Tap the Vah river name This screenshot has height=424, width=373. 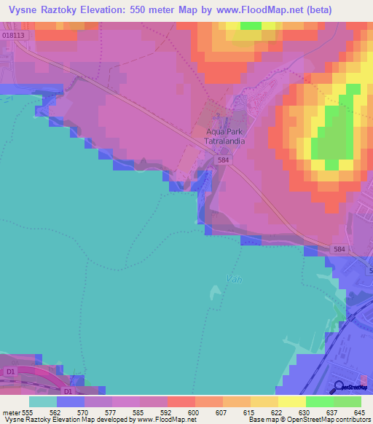[x=233, y=278]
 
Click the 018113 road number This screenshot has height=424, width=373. [x=13, y=34]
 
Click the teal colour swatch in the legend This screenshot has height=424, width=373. [x=43, y=401]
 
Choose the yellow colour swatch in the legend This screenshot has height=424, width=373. [x=292, y=401]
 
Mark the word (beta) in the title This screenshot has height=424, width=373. [x=316, y=10]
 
